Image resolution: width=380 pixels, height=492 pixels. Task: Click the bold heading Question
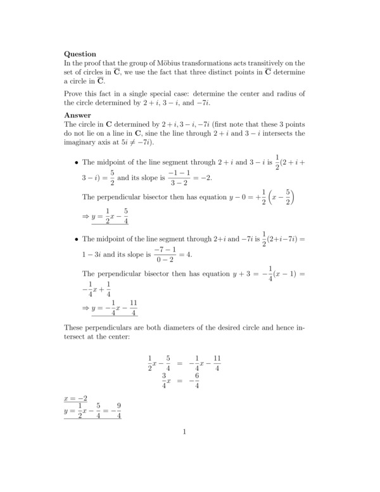pos(80,54)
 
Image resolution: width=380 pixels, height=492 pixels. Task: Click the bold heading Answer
pos(78,115)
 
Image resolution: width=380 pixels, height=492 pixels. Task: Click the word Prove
pos(75,94)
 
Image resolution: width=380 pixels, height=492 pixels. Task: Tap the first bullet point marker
pos(77,163)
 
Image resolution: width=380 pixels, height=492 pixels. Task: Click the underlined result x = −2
pos(75,399)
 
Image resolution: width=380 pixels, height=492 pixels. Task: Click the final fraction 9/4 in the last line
pos(118,411)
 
